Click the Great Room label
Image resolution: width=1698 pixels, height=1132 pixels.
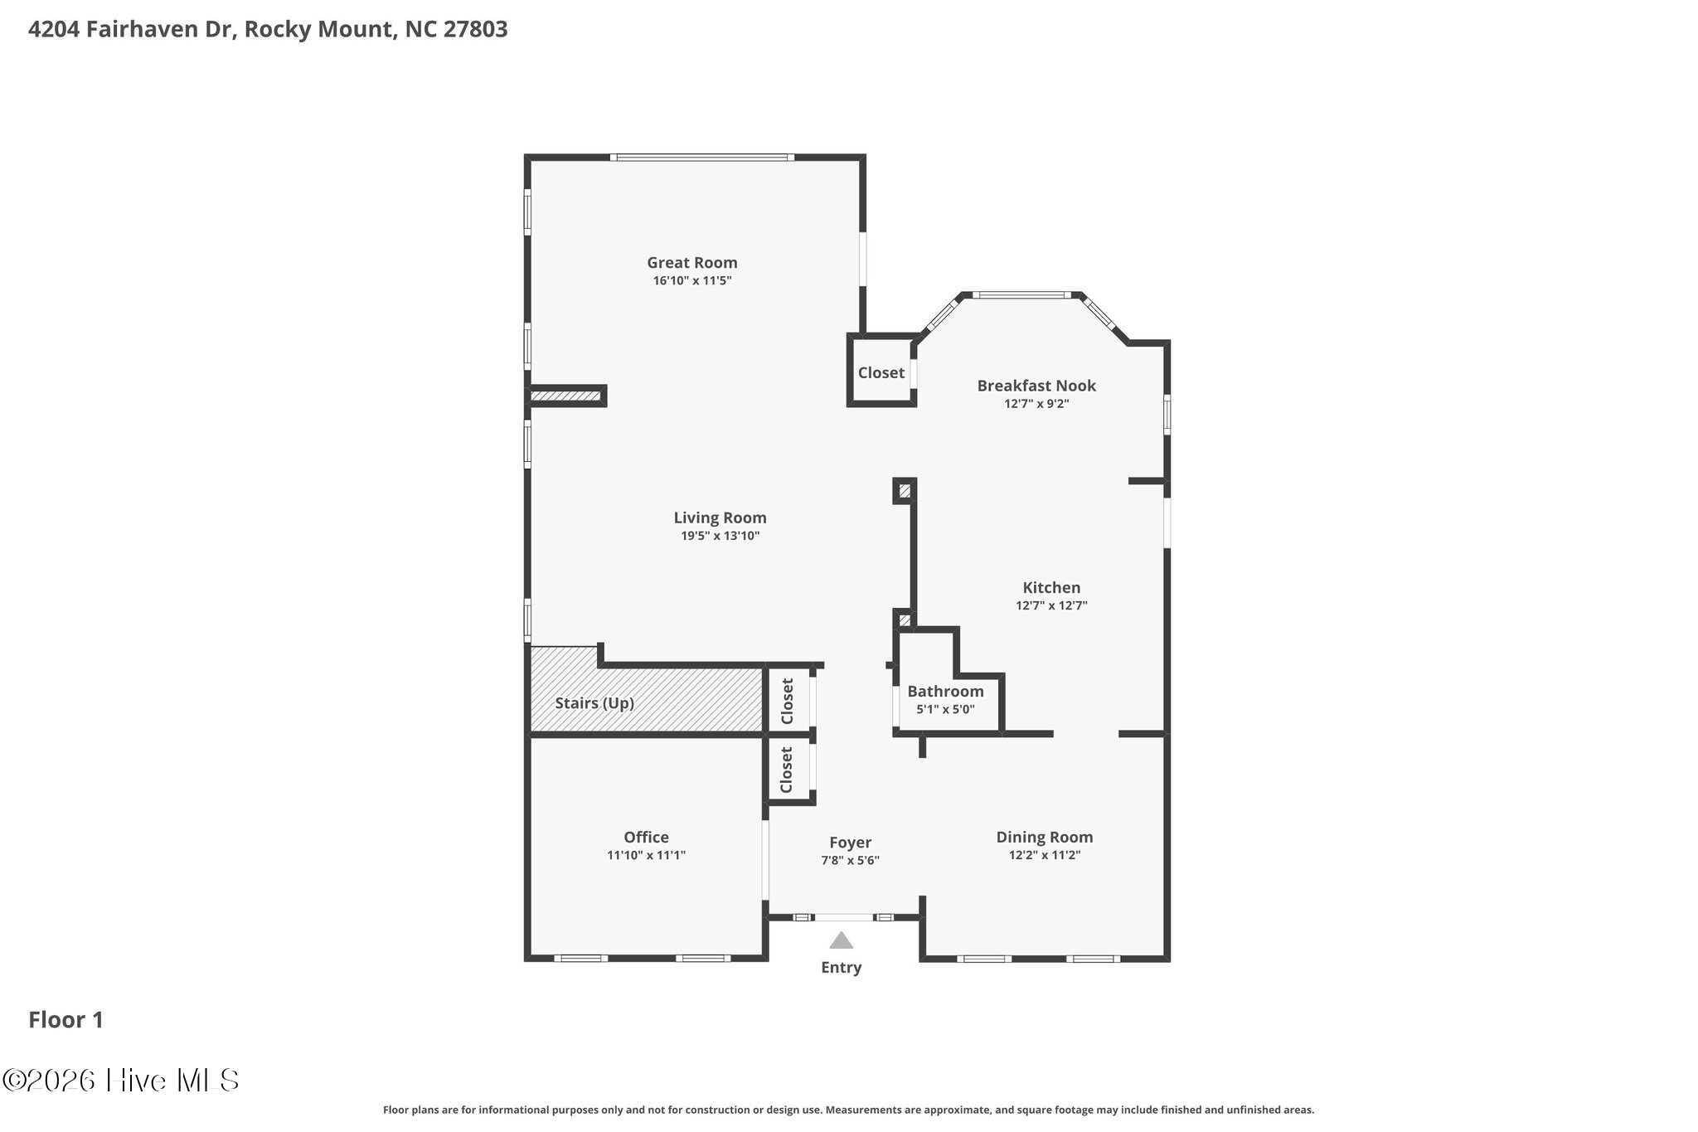pos(692,263)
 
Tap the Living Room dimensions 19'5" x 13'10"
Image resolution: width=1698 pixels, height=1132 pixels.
pos(720,536)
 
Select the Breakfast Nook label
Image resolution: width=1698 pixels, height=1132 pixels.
pos(1036,386)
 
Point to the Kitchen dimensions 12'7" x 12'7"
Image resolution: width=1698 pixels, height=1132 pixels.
pos(1051,605)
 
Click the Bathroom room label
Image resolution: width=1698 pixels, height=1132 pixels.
pos(945,692)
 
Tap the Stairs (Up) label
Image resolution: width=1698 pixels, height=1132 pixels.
pos(594,703)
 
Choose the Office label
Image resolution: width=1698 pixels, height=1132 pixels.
pos(647,838)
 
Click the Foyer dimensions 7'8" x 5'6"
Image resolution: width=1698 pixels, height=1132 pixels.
pos(850,861)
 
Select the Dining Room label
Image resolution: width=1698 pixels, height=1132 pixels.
pos(1045,838)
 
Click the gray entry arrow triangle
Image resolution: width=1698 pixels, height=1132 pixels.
pos(842,940)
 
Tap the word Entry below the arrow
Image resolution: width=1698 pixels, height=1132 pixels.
pos(842,968)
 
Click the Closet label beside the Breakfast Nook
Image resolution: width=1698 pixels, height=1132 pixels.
pos(881,373)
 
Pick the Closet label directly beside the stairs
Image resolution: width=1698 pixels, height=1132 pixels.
pos(788,701)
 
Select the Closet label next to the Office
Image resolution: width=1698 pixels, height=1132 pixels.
pos(787,770)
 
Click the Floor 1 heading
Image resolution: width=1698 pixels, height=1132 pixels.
pos(66,1020)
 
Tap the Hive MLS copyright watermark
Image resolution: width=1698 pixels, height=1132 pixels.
pos(121,1080)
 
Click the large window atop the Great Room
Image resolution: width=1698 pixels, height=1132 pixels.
pos(702,158)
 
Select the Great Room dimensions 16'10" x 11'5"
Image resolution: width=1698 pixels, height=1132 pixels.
pos(692,281)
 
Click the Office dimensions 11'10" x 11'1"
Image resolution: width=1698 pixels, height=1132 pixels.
pos(647,856)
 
